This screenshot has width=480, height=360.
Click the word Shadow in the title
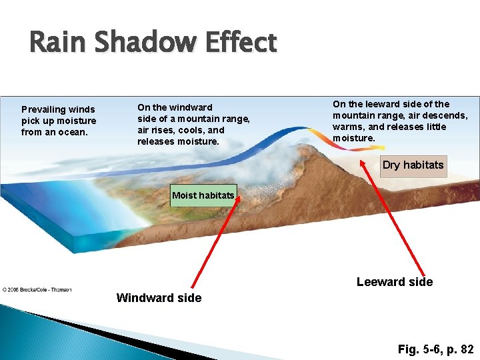(137, 43)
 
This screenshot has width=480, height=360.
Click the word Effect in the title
(237, 43)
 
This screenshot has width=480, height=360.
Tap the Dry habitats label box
(413, 165)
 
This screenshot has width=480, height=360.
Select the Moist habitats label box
(203, 195)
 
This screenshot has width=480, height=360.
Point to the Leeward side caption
(394, 282)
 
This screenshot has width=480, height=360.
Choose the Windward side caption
(159, 298)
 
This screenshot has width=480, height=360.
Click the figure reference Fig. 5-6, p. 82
(435, 349)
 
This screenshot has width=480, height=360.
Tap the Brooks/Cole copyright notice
(37, 289)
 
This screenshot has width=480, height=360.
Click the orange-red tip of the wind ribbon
(351, 149)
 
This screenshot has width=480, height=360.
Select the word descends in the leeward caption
(443, 115)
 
